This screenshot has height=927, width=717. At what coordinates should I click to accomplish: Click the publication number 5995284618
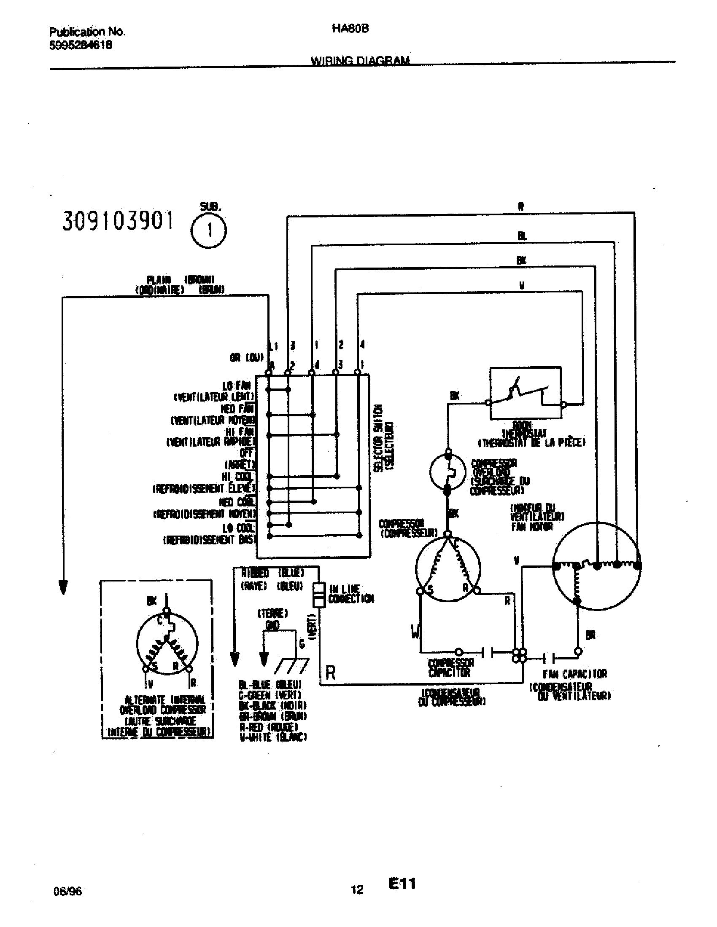(x=81, y=46)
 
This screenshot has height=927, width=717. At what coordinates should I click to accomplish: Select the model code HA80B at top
(x=350, y=28)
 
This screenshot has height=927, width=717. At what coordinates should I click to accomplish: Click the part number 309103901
(x=118, y=222)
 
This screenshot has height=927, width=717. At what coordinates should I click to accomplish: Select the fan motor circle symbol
(x=596, y=566)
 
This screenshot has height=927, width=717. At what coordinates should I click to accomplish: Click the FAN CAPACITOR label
(x=574, y=674)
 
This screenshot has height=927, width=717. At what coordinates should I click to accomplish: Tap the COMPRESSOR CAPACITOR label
(x=450, y=668)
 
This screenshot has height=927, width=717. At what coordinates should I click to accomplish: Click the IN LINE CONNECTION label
(x=351, y=594)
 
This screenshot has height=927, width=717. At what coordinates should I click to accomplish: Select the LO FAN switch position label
(x=237, y=386)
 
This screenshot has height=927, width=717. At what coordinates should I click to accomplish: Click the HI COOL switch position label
(x=237, y=477)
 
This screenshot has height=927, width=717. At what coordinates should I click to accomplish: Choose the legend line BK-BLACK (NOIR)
(x=272, y=705)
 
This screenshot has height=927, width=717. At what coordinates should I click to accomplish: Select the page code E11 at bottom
(x=402, y=884)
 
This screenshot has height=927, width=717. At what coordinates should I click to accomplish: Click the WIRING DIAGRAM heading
(x=360, y=61)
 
